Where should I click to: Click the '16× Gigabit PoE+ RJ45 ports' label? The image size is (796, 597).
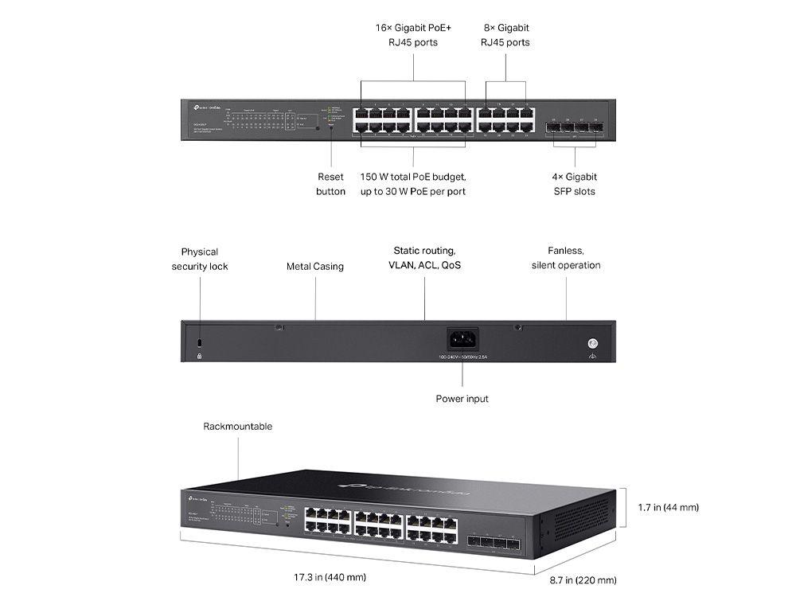(413, 35)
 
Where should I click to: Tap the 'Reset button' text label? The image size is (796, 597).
(330, 184)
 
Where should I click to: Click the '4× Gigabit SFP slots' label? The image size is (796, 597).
(575, 184)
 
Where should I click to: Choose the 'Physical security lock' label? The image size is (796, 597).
(200, 259)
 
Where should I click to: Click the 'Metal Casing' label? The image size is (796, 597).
(315, 267)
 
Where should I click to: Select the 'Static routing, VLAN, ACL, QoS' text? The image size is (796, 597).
(424, 258)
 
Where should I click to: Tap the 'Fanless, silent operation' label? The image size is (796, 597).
(566, 258)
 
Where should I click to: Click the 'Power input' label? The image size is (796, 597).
(462, 398)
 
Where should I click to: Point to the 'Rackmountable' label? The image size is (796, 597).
(237, 427)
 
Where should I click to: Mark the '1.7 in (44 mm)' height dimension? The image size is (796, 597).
(668, 507)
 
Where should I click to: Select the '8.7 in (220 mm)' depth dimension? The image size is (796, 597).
(583, 580)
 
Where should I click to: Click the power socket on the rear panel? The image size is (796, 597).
(462, 340)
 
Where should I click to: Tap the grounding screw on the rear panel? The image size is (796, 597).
(591, 343)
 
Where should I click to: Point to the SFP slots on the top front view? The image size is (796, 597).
(575, 129)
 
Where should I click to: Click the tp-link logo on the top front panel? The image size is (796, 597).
(199, 106)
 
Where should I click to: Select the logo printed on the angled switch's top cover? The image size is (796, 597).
(404, 486)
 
